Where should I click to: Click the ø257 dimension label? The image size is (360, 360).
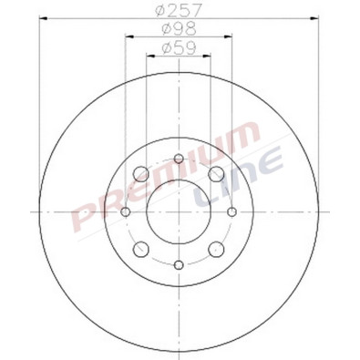tap(179, 10)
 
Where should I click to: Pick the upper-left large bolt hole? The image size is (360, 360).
tap(141, 174)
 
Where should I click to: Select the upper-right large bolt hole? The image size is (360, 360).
tap(216, 174)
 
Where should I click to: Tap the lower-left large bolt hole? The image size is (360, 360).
tap(141, 249)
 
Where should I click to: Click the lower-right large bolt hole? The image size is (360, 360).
tap(216, 249)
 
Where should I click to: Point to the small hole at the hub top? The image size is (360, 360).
tap(179, 159)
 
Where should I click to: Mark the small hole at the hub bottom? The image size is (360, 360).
tap(179, 264)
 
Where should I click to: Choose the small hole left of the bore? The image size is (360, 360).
tap(126, 211)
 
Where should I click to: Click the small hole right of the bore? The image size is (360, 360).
tap(231, 211)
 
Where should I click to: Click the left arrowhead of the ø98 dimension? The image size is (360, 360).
tap(128, 36)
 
